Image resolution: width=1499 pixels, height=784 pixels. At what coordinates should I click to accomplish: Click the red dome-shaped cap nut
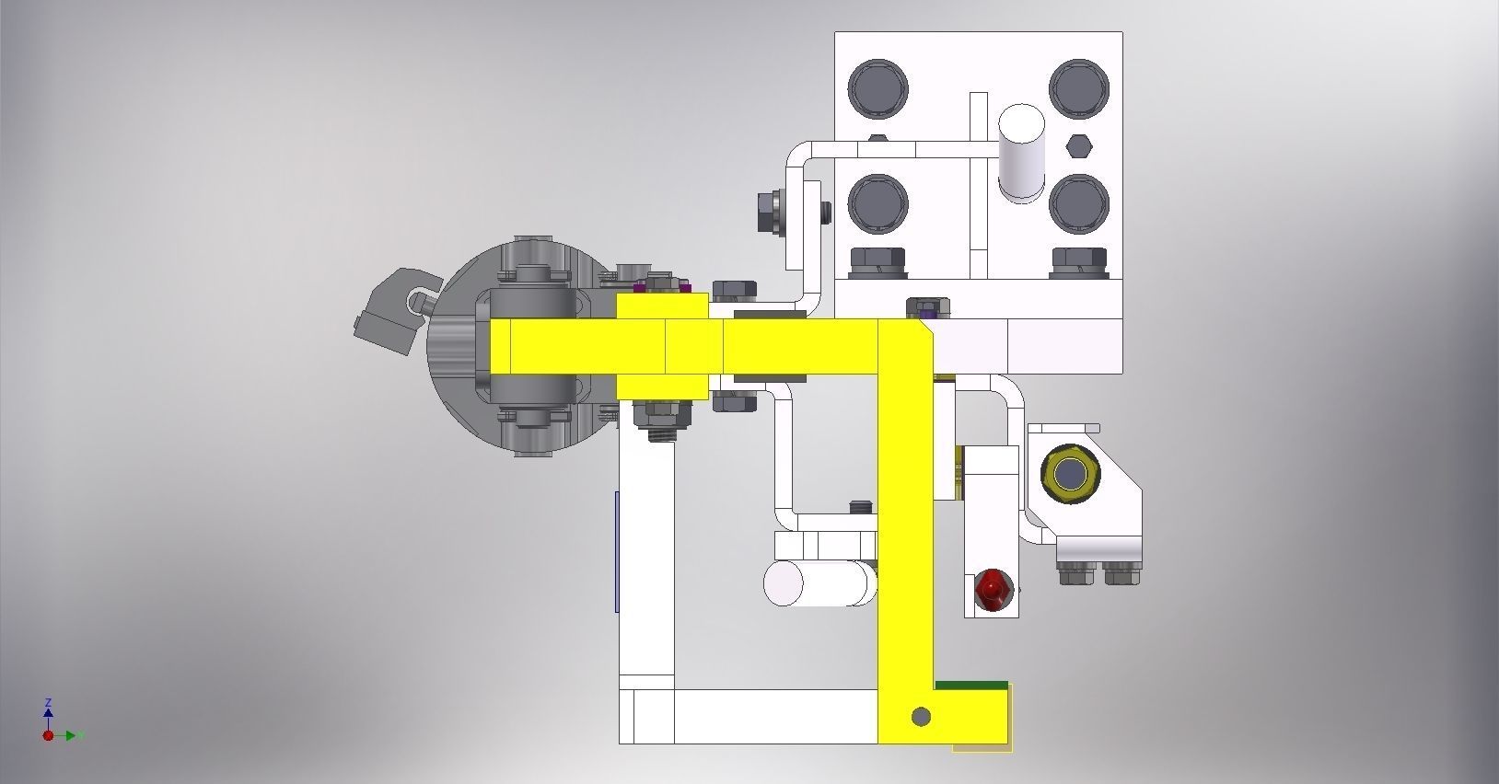point(992,588)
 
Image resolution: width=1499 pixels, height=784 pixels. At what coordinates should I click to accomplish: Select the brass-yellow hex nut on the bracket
point(1069,475)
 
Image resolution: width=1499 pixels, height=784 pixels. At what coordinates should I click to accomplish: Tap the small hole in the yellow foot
point(920,716)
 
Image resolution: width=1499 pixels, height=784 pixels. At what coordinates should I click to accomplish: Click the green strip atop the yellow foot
point(970,685)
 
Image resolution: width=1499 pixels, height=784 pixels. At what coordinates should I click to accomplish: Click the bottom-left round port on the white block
point(877,202)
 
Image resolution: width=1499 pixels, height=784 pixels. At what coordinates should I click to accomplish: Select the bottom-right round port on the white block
point(1078,202)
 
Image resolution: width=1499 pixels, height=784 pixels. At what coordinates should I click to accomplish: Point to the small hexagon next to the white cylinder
point(1079,146)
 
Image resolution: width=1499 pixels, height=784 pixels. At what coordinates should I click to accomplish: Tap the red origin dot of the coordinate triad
point(48,735)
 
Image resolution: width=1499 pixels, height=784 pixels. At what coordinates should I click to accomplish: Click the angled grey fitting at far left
point(391,310)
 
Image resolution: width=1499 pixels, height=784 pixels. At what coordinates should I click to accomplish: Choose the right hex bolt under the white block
point(1078,263)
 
